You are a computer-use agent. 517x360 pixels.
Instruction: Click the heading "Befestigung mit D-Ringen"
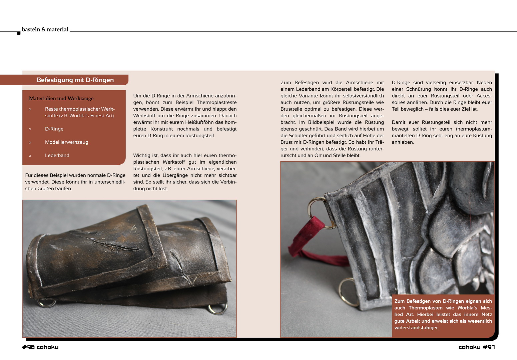tap(75, 80)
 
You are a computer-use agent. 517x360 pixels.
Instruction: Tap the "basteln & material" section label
tap(45, 29)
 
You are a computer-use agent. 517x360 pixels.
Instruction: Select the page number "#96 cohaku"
tap(40, 347)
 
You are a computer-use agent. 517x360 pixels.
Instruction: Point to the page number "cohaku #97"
tap(477, 347)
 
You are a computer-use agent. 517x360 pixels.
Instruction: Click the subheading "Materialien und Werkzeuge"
tap(61, 98)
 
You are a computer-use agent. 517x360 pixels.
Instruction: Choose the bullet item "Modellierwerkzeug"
tap(66, 142)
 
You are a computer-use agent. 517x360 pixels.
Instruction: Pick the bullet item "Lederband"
tap(57, 155)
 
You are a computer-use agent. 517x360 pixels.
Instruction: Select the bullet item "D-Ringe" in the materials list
tap(54, 129)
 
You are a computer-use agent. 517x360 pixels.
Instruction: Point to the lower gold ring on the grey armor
tap(347, 293)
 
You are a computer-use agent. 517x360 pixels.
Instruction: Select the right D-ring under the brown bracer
tap(217, 309)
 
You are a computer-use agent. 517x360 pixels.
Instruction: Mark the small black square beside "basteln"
tap(19, 33)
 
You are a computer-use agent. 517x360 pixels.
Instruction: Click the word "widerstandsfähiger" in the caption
tap(416, 328)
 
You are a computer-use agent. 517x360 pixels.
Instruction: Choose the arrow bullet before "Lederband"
tap(30, 156)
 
